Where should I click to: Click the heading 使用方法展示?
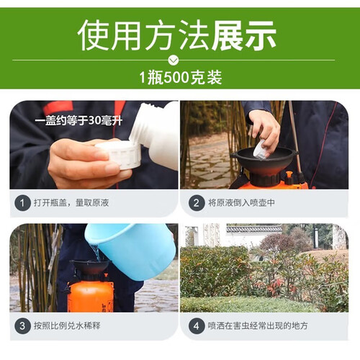177,35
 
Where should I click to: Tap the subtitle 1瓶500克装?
181,78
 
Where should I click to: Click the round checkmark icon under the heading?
174,60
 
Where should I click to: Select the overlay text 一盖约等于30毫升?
78,120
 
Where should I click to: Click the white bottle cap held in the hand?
119,154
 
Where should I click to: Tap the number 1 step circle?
22,203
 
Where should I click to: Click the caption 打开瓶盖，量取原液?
71,203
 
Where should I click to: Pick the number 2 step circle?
197,203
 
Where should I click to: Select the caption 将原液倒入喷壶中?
241,203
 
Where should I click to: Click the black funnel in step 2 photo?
264,162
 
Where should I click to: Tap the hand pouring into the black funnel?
264,132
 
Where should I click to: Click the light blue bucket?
132,251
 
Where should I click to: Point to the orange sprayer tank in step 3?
91,296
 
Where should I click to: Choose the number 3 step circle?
22,326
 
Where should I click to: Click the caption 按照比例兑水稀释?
67,326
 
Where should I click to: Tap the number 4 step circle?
197,326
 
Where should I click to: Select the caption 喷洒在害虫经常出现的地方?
258,326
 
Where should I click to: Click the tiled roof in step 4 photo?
254,228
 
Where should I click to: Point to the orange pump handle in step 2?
289,177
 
